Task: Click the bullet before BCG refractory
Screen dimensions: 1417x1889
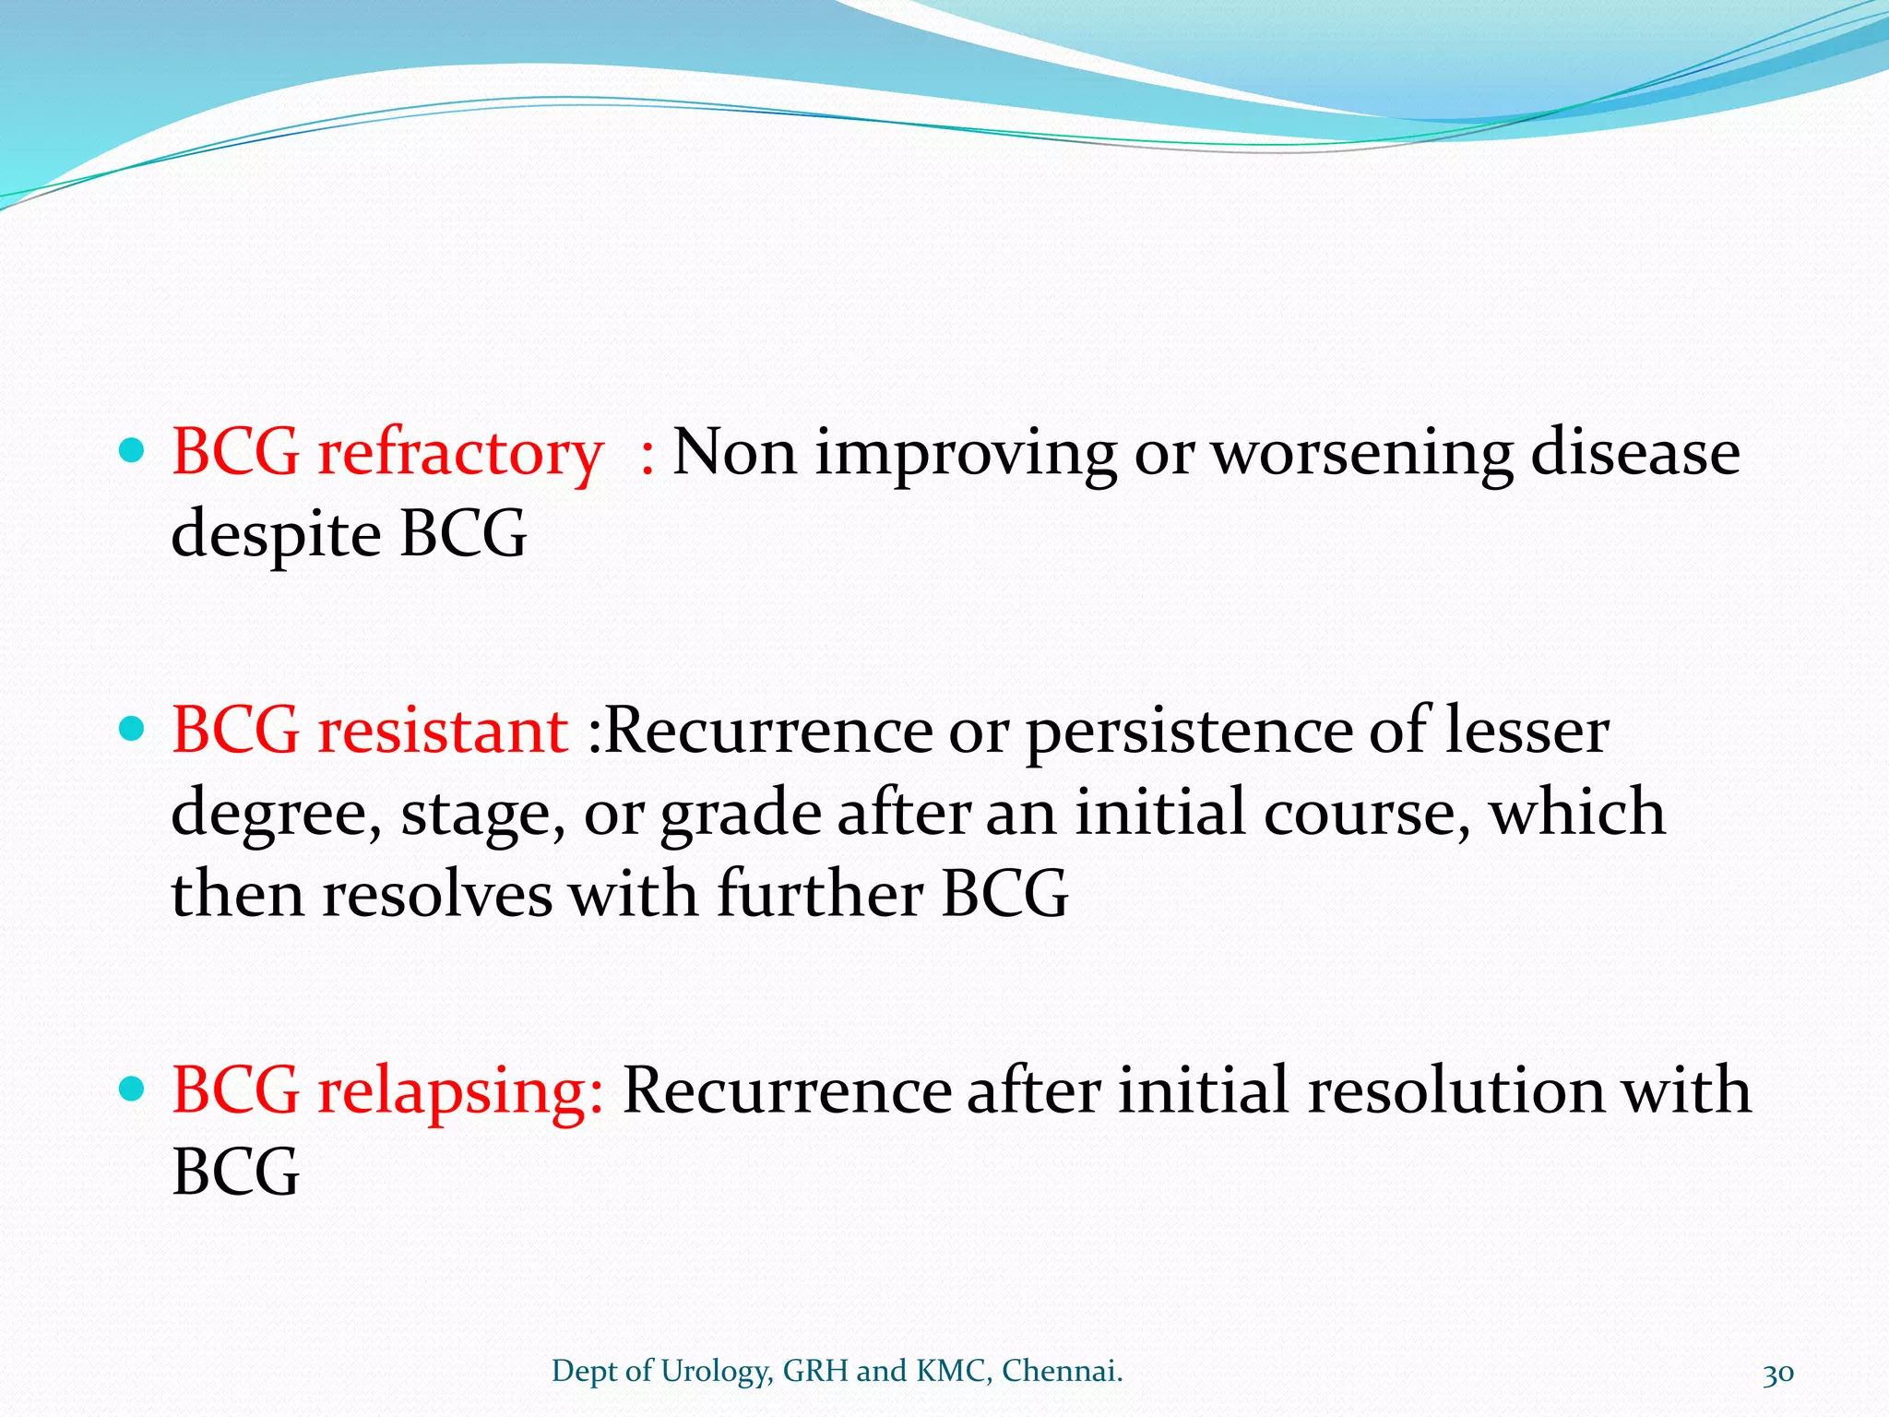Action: pyautogui.click(x=134, y=451)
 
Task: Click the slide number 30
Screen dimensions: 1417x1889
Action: pyautogui.click(x=1777, y=1373)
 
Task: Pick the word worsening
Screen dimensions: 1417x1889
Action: pyautogui.click(x=1361, y=454)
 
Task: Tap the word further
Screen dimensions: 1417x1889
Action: pyautogui.click(x=819, y=895)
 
